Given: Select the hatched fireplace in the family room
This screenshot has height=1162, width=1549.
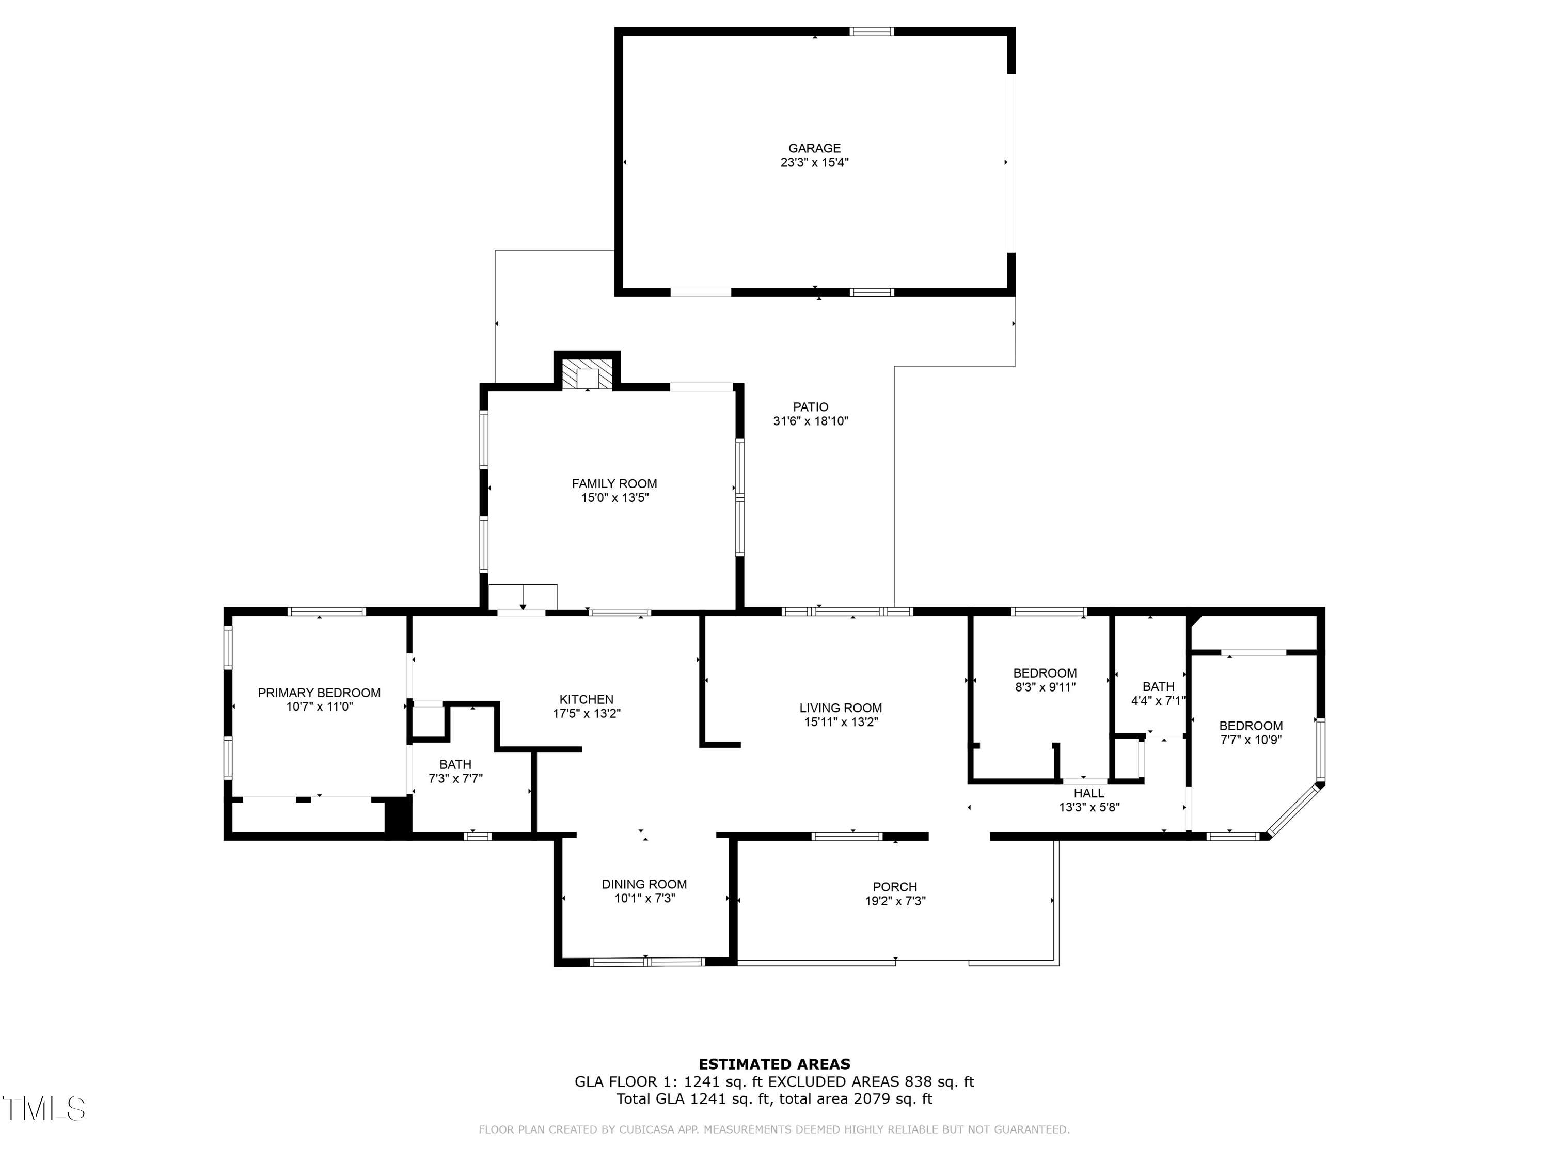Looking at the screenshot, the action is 587,375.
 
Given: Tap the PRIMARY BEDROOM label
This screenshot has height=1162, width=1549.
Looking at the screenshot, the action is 319,693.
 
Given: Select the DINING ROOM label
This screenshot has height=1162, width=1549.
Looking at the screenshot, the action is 644,884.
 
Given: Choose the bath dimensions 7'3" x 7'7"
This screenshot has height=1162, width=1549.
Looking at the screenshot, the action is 456,778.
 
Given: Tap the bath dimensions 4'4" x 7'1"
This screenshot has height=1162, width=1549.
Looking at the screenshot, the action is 1158,700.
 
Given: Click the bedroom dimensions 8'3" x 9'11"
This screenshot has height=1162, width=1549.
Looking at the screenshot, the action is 1045,687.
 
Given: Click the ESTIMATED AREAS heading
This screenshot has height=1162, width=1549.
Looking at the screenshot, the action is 774,1064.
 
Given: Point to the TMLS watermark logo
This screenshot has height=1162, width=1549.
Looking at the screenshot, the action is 43,1109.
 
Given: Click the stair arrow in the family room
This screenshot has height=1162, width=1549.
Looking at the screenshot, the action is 523,598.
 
